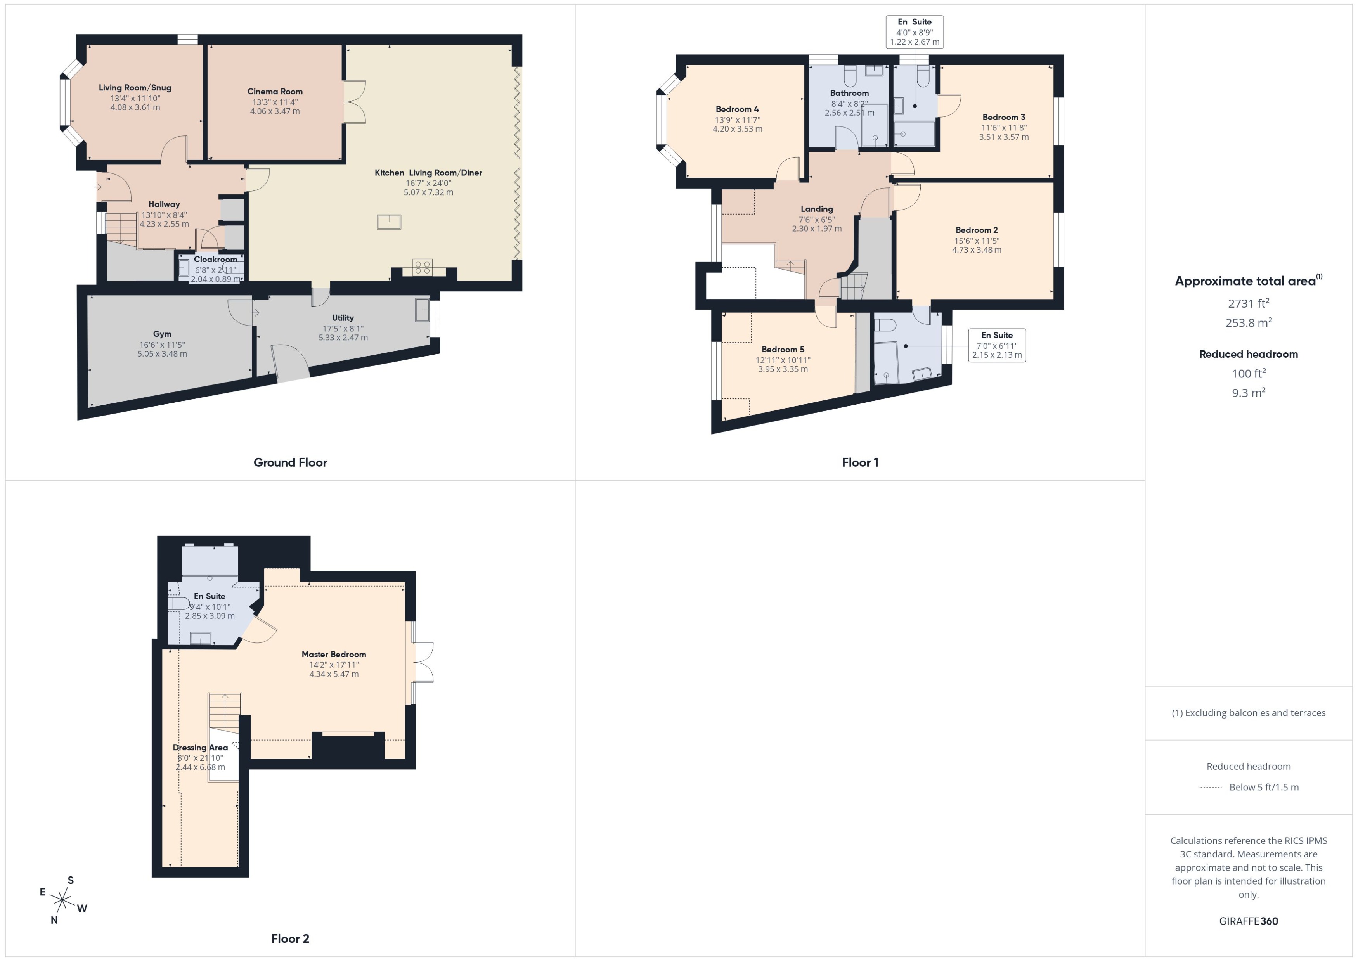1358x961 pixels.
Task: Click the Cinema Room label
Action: click(275, 92)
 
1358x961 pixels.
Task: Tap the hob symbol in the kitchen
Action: click(423, 267)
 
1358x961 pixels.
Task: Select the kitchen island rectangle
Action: click(389, 222)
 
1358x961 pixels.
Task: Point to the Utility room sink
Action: click(422, 310)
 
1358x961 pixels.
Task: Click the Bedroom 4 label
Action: click(737, 109)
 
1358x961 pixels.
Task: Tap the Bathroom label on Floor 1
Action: click(849, 93)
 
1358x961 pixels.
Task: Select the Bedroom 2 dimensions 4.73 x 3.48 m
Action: click(976, 250)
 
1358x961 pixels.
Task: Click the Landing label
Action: click(817, 209)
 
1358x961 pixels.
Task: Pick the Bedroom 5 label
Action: click(782, 350)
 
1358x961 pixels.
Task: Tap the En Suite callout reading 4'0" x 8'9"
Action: click(914, 32)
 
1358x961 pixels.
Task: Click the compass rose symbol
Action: click(62, 900)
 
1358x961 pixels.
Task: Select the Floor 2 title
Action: click(290, 938)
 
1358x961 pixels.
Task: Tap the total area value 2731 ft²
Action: click(1248, 303)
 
